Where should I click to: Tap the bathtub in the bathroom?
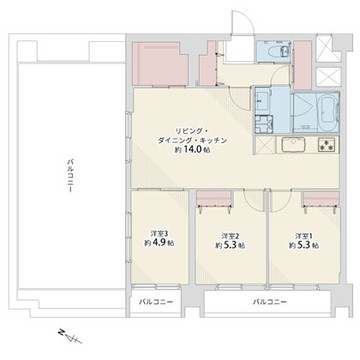coord(328,112)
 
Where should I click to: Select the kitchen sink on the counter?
coord(294,145)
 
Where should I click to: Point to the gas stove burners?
coord(328,145)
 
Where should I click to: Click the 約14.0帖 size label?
coord(192,150)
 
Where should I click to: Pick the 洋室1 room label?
coord(303,236)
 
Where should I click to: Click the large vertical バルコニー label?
coord(70,176)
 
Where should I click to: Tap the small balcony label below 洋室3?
coord(156,302)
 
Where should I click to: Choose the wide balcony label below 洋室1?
coord(269,302)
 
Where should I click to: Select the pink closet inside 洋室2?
coord(214,198)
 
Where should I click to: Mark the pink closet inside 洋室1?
coord(321,198)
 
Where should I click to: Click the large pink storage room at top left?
coord(160,63)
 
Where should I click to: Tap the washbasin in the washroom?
coord(263,99)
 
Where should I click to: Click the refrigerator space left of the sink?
coord(265,145)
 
